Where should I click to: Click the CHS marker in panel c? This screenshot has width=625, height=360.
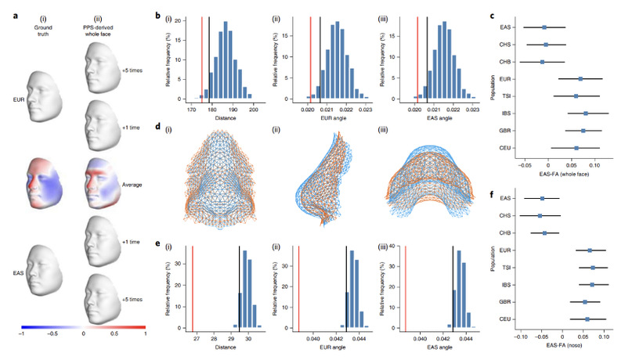click(x=546, y=45)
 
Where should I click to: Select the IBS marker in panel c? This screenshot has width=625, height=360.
click(x=585, y=113)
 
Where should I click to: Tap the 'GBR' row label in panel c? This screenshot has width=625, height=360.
click(x=506, y=131)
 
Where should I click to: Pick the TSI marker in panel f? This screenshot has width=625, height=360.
click(x=593, y=268)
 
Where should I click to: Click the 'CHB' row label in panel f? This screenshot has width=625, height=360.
click(x=506, y=233)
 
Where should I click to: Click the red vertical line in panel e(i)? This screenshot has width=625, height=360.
click(x=193, y=286)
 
